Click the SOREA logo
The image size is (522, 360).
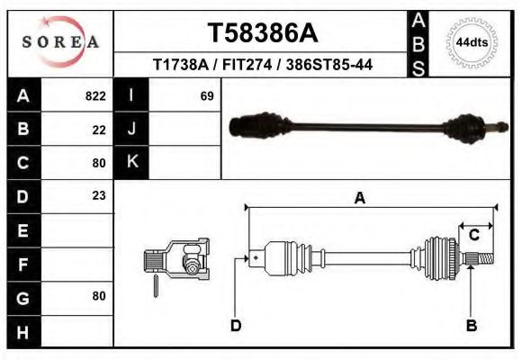point(60,42)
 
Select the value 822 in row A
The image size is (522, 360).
point(95,95)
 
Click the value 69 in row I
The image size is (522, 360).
point(206,95)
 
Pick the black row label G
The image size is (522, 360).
point(22,296)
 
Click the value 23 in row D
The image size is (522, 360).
point(99,195)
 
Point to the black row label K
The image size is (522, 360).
point(132,162)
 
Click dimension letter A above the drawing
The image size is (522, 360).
point(359,199)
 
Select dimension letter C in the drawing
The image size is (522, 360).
point(473,235)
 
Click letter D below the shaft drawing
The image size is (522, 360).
point(236,325)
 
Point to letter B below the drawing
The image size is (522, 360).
point(471,325)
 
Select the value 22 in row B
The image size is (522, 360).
point(99,129)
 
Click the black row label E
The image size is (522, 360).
point(22,229)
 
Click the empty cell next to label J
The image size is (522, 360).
point(185,129)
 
